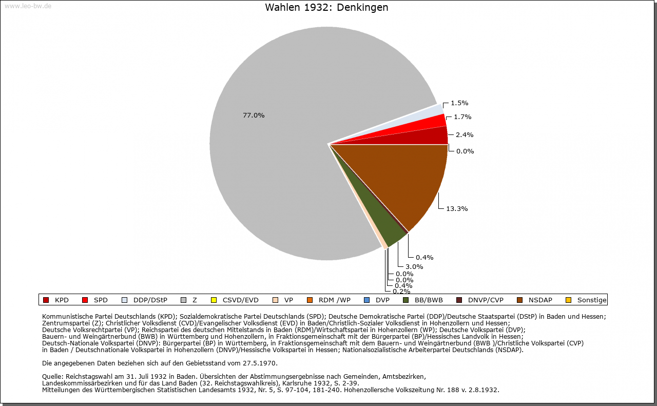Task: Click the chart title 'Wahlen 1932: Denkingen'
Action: click(326, 7)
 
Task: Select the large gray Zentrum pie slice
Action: click(279, 164)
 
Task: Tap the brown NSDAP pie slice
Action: click(411, 179)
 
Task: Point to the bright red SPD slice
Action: click(422, 126)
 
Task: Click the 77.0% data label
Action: click(254, 115)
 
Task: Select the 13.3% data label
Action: click(457, 209)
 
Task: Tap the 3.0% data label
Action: click(414, 267)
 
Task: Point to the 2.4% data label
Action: click(465, 135)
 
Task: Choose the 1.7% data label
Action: click(462, 117)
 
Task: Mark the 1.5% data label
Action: click(459, 103)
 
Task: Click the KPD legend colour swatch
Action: click(46, 300)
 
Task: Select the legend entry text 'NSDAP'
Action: click(540, 300)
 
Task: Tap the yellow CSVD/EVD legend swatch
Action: click(214, 300)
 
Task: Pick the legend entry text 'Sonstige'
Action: click(592, 300)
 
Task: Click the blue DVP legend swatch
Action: click(366, 300)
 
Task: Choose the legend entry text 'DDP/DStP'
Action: click(150, 300)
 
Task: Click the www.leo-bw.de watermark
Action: click(28, 6)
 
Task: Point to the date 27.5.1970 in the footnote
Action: click(259, 363)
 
